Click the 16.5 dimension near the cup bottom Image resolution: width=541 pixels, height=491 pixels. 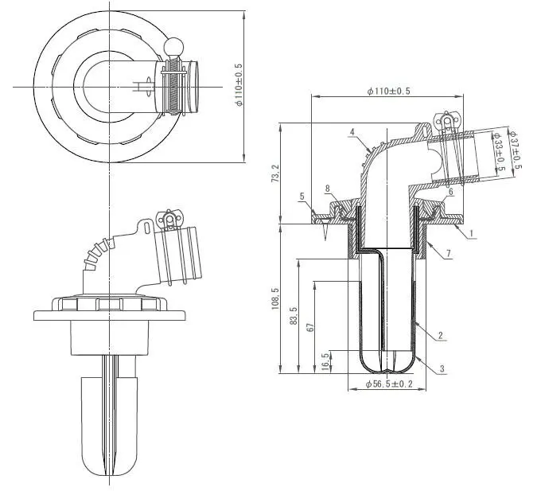[x=327, y=360]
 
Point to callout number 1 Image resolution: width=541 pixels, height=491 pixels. [x=471, y=235]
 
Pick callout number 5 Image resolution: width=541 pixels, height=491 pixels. [x=302, y=196]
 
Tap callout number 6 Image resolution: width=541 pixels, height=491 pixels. [x=450, y=192]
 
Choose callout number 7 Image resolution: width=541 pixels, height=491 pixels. [x=450, y=252]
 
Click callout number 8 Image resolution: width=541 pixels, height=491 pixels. [x=326, y=189]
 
